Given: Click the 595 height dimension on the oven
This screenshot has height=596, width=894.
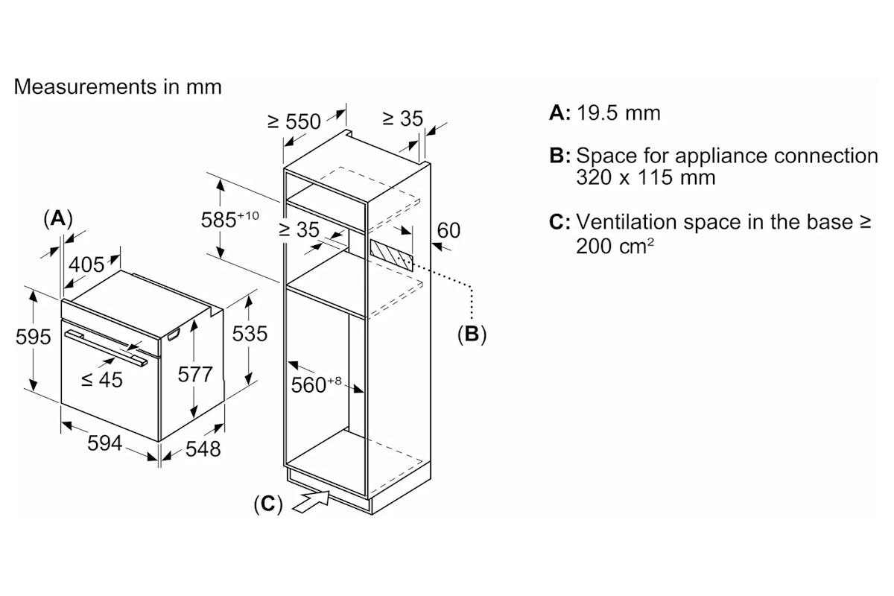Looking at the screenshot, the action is click(33, 337).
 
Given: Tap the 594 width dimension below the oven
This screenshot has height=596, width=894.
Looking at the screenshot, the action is click(104, 443).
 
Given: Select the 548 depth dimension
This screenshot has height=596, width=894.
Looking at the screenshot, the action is click(203, 449).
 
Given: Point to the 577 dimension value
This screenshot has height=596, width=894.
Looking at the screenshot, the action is click(194, 375).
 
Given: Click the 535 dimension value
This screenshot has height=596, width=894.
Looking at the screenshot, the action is click(250, 333).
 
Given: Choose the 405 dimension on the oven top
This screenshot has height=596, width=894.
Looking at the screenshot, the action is click(86, 264).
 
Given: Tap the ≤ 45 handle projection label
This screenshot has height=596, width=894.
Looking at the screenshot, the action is click(102, 380).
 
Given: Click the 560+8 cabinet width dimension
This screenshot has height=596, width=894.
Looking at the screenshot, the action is click(316, 385).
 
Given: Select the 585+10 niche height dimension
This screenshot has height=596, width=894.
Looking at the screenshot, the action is click(230, 219).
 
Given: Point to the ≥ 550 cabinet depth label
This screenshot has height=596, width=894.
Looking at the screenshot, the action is click(294, 121).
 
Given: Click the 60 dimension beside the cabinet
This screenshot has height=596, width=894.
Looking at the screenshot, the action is click(448, 230).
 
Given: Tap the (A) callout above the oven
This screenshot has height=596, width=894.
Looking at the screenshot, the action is click(58, 219).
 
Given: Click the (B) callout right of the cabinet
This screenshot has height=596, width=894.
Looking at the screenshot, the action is click(472, 334).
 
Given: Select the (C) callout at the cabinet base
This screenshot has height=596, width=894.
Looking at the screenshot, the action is click(267, 504).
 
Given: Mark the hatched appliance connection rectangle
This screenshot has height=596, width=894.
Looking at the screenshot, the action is click(392, 254).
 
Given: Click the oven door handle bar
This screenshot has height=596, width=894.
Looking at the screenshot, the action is click(106, 348).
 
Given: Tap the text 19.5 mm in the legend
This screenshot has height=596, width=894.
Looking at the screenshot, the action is click(618, 113).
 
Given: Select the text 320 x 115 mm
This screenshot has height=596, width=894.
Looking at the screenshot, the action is click(646, 177).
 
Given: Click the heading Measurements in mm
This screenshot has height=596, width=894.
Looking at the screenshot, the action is click(118, 86).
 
